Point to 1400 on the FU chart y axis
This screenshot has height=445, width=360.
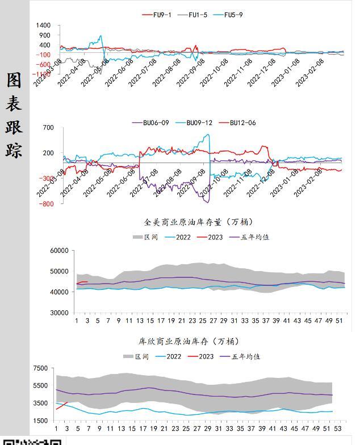[x=43, y=26]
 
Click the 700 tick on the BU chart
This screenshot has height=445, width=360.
[x=48, y=128]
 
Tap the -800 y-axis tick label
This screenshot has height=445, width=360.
[x=47, y=203]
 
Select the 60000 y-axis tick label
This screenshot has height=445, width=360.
[x=60, y=251]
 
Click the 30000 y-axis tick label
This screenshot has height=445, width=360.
[x=60, y=313]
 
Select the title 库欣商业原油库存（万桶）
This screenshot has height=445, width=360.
[x=189, y=341]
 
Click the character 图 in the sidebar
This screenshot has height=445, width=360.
[x=14, y=80]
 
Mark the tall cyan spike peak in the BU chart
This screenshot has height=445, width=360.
[x=208, y=135]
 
